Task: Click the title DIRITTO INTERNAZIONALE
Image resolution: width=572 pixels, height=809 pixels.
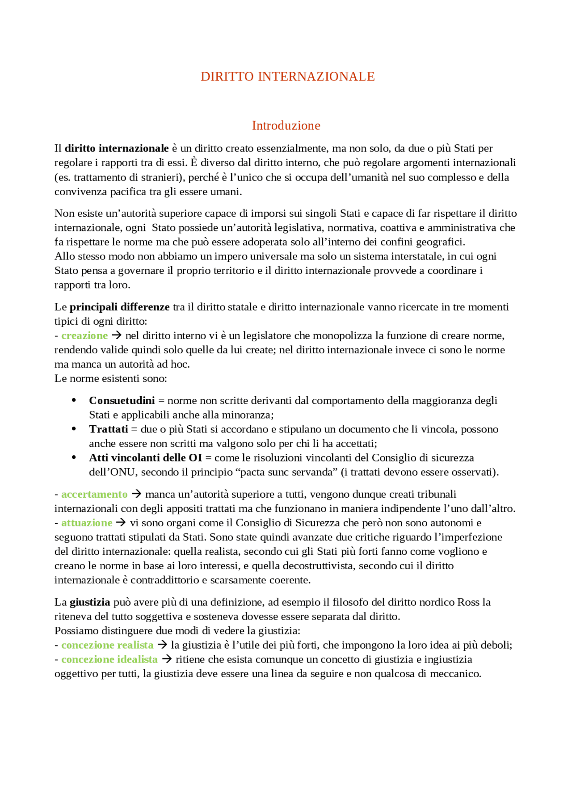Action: pos(287,77)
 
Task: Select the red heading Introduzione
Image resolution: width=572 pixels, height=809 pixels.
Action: pos(286,126)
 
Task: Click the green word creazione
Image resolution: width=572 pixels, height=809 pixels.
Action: pos(84,335)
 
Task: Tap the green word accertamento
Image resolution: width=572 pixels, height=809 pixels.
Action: pos(94,494)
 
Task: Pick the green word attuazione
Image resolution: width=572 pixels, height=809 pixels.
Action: pos(87,523)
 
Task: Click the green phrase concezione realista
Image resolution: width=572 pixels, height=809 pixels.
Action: pos(107,645)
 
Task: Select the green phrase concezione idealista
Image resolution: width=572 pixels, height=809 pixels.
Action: pos(109,659)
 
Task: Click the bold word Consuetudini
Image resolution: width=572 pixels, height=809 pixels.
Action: pos(122,400)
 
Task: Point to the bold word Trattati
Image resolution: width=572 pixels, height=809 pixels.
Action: pos(109,429)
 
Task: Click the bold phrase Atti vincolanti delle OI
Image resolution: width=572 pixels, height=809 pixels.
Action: pos(145,457)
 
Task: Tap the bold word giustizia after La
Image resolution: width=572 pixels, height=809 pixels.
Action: pos(90,602)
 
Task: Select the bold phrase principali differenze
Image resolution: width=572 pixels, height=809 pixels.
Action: pos(119,307)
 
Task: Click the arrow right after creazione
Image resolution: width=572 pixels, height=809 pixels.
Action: pos(117,335)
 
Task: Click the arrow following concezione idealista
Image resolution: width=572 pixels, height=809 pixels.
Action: pos(167,659)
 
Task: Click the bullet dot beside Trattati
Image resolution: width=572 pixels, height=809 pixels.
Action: pos(74,429)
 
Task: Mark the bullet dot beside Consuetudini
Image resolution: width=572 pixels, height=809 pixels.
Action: pos(74,400)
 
